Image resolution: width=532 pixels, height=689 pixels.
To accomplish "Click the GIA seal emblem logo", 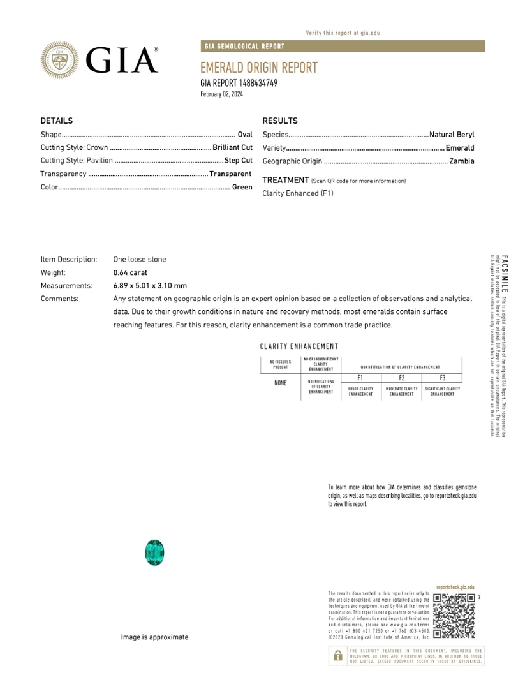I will pyautogui.click(x=61, y=60).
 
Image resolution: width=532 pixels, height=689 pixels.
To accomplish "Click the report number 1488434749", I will pyautogui.click(x=258, y=83).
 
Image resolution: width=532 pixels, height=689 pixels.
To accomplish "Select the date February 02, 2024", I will pyautogui.click(x=221, y=94).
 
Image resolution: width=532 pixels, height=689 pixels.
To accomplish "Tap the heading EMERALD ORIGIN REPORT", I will pyautogui.click(x=258, y=68).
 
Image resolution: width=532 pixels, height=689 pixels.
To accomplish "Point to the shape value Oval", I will pyautogui.click(x=245, y=135).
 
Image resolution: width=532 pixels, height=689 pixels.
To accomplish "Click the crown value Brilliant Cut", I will pyautogui.click(x=232, y=148).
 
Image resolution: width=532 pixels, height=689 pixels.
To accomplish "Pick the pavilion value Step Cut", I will pyautogui.click(x=238, y=161).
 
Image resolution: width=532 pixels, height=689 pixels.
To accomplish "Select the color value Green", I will pyautogui.click(x=242, y=188).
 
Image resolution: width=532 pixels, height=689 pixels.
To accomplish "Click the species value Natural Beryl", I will pyautogui.click(x=452, y=135).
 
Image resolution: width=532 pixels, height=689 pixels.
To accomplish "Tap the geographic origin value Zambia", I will pyautogui.click(x=461, y=161).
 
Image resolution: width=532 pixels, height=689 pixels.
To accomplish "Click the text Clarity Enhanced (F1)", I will pyautogui.click(x=297, y=193).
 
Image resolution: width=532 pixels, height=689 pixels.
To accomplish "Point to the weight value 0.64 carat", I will pyautogui.click(x=130, y=272).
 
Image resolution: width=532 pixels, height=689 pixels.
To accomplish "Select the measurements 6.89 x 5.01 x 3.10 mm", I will pyautogui.click(x=150, y=286).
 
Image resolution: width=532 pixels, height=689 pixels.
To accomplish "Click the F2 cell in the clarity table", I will pyautogui.click(x=401, y=378).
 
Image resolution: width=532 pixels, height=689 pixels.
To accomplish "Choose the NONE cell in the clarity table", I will pyautogui.click(x=281, y=383).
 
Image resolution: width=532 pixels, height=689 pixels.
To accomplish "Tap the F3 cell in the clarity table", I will pyautogui.click(x=442, y=378).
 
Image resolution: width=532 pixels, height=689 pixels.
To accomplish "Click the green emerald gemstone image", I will pyautogui.click(x=154, y=552).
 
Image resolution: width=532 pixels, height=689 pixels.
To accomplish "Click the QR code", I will pyautogui.click(x=454, y=616).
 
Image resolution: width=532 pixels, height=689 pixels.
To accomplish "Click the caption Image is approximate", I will pyautogui.click(x=155, y=637).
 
